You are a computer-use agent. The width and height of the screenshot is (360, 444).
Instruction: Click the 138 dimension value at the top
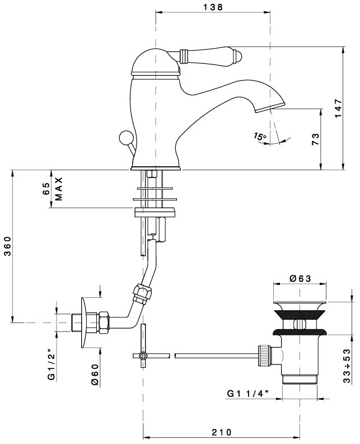(x=213, y=7)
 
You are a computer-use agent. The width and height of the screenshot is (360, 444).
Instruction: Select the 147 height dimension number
(x=339, y=108)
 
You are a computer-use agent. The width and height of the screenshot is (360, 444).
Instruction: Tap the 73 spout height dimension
(x=316, y=139)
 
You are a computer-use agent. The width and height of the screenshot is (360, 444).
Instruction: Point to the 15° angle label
(x=260, y=136)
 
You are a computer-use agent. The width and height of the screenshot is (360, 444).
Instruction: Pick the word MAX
(x=58, y=189)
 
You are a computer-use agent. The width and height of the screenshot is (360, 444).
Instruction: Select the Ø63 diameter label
(x=300, y=279)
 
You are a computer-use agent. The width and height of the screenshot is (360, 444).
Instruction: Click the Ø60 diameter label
(x=95, y=375)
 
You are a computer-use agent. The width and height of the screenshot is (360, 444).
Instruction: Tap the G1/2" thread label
(x=52, y=364)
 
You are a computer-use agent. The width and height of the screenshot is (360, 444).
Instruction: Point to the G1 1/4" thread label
(x=248, y=394)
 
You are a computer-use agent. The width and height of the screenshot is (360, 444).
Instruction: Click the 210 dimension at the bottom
(x=222, y=432)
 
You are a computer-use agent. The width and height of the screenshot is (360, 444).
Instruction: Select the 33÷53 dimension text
(x=347, y=366)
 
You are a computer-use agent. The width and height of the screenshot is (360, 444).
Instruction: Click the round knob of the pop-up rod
(x=124, y=138)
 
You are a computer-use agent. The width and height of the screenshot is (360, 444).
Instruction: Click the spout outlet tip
(x=270, y=108)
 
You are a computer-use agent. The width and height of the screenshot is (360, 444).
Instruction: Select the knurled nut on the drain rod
(x=263, y=355)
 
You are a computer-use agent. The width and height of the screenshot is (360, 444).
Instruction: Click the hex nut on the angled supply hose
(x=142, y=293)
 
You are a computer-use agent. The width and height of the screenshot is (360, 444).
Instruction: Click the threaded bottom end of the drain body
(x=300, y=380)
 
